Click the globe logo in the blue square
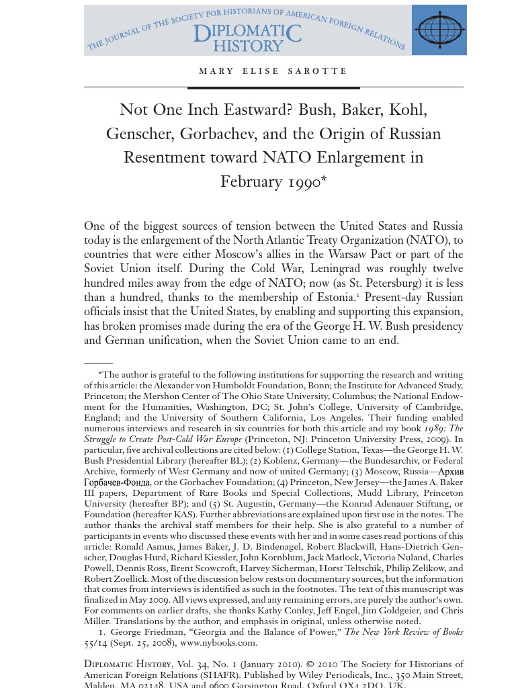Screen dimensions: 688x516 click(x=439, y=30)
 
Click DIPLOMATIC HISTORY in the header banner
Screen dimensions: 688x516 click(x=247, y=39)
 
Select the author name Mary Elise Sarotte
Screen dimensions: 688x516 click(x=273, y=71)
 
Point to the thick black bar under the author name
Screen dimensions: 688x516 click(x=273, y=87)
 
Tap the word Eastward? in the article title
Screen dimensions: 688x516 click(x=256, y=110)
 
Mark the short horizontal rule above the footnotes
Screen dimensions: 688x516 click(x=98, y=363)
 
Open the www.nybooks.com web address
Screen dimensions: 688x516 click(x=218, y=643)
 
